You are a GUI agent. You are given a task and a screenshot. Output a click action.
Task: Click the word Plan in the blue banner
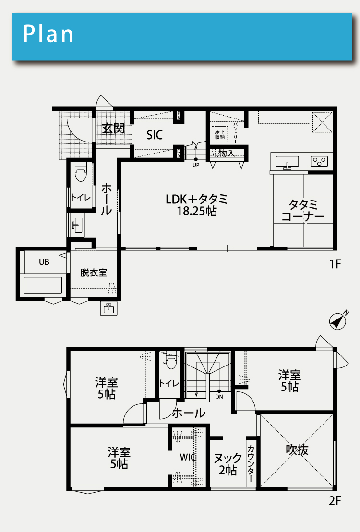pos(48,34)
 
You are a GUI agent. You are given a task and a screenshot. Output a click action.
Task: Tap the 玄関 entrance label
pos(113,128)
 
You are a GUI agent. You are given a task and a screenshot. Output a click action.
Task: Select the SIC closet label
pos(155,135)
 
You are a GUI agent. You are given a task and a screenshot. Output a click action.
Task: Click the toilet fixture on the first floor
pos(81,172)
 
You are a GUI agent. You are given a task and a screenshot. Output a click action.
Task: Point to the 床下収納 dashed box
pos(220,135)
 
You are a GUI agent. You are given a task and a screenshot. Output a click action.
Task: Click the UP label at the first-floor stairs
pos(196,165)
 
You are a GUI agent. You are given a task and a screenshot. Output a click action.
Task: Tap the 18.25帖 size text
pos(197,212)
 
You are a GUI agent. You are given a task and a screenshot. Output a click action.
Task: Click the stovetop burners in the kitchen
pos(319,161)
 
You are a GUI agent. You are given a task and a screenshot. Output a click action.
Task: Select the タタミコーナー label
pos(303,211)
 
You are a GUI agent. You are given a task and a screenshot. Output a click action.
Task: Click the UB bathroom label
pos(44,262)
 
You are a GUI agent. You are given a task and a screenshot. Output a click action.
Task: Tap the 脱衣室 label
pos(94,272)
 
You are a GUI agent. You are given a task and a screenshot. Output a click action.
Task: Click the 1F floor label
pos(335,264)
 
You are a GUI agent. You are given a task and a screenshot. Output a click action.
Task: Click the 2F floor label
pos(335,501)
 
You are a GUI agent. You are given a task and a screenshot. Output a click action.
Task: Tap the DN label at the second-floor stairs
pos(219,397)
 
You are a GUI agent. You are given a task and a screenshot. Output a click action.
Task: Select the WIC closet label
pos(188,457)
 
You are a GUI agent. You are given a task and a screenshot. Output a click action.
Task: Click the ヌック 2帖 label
pos(228,464)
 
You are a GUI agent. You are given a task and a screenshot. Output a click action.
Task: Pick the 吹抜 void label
pos(297,449)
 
